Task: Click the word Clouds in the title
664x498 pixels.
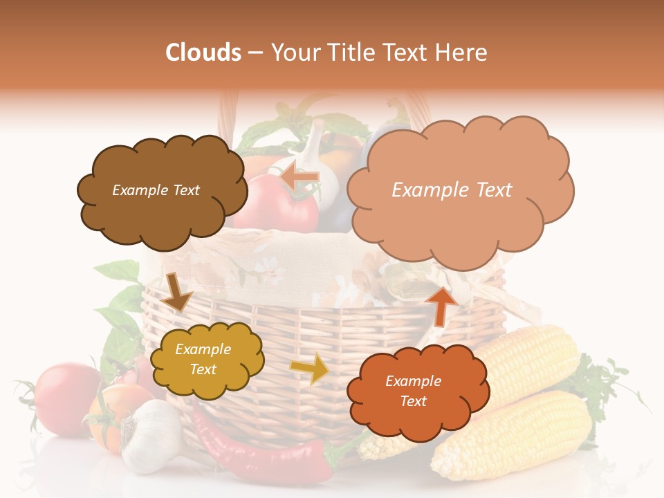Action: (203, 53)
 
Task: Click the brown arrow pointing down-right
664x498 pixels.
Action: (176, 291)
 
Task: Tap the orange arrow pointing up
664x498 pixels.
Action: (441, 305)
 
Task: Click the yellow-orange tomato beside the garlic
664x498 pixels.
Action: (104, 418)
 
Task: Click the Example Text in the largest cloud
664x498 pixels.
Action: (452, 190)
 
